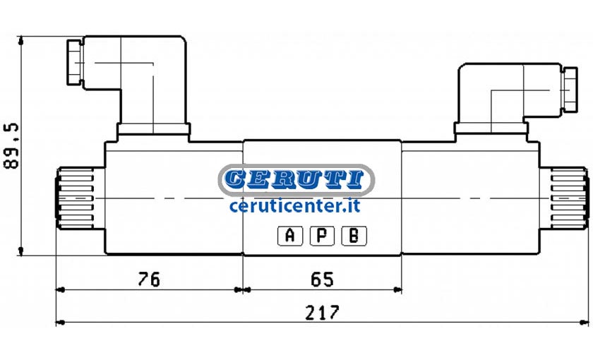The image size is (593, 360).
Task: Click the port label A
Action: [x=290, y=236]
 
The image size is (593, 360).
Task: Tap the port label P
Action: [x=322, y=236]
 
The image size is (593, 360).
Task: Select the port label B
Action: [x=354, y=236]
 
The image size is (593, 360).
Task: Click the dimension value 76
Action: [x=149, y=280]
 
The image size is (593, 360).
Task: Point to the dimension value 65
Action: [x=322, y=280]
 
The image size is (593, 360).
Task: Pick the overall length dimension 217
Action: [x=323, y=313]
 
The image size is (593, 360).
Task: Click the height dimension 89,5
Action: [x=11, y=145]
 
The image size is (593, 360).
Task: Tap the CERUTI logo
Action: [x=296, y=179]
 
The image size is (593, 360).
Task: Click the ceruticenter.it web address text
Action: [x=294, y=205]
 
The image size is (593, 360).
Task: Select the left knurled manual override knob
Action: [x=75, y=198]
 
